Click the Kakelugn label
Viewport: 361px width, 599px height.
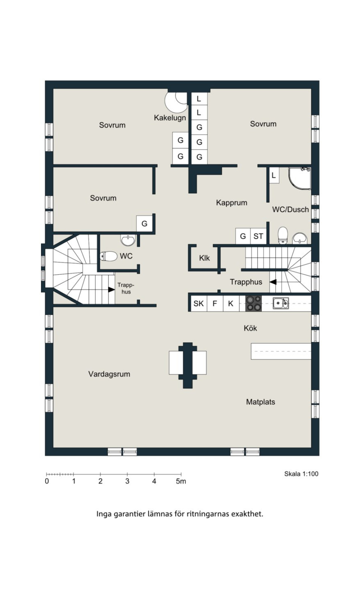click(x=170, y=118)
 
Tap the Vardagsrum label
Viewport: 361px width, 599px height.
click(x=109, y=374)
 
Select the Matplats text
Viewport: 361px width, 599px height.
click(x=260, y=402)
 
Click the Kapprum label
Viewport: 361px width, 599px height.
click(x=232, y=203)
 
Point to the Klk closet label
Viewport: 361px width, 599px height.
click(x=205, y=258)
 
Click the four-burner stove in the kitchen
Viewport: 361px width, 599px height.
click(x=253, y=304)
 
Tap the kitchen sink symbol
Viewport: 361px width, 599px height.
click(x=281, y=303)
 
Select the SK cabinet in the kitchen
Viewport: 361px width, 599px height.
click(x=199, y=304)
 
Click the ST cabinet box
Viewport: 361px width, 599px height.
click(x=258, y=236)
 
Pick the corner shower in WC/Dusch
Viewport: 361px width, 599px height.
click(x=300, y=178)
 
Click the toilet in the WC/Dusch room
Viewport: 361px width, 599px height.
click(x=282, y=235)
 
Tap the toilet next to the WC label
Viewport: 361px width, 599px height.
click(x=109, y=256)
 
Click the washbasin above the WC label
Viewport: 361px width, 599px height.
click(x=128, y=240)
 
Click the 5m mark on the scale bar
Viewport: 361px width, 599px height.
click(x=181, y=481)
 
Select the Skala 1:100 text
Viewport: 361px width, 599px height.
click(x=301, y=474)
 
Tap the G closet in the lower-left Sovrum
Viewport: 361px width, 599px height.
click(x=144, y=224)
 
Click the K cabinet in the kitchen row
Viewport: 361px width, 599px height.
click(x=231, y=304)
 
